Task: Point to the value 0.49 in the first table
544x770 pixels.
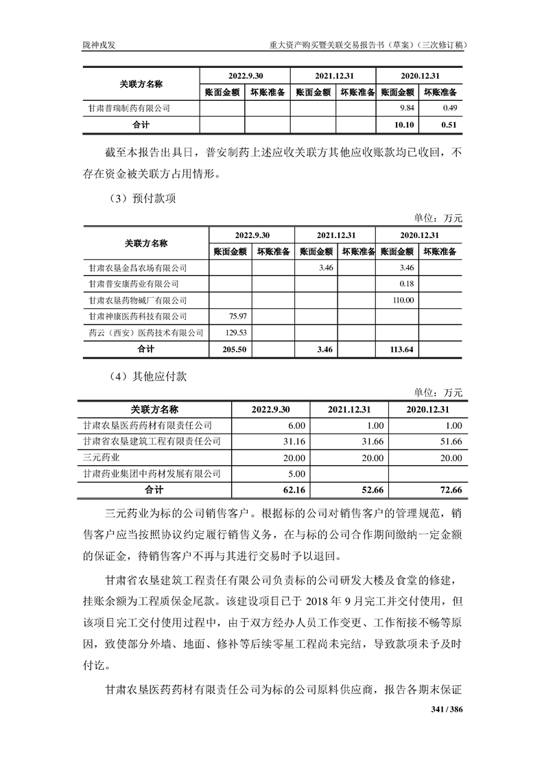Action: pos(450,108)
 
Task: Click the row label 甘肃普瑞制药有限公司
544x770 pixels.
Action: pos(129,108)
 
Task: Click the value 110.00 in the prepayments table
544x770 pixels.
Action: pos(402,300)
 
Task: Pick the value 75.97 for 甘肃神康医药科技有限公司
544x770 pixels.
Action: pos(236,316)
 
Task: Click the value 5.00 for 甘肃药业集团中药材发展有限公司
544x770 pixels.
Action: pos(295,474)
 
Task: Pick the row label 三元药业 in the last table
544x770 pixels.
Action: pos(100,458)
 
